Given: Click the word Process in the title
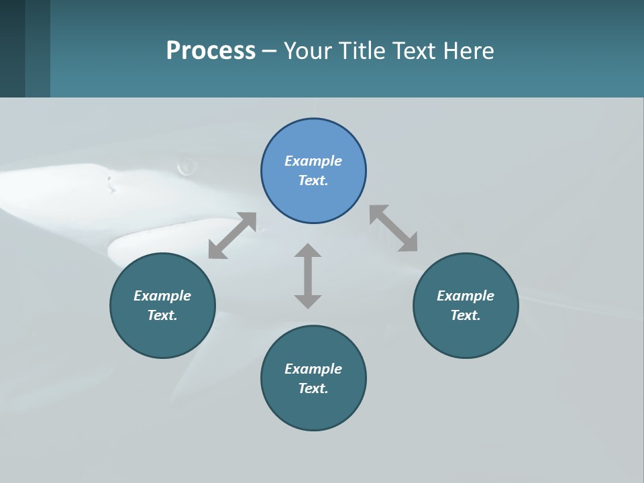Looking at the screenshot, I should (211, 51).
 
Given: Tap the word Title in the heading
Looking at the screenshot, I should (363, 51).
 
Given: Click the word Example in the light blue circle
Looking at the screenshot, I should (313, 161).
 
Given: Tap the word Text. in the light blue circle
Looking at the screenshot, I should (313, 180).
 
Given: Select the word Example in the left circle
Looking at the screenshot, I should (162, 296).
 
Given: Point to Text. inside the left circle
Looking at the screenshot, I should (162, 315).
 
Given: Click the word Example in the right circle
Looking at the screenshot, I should (466, 296).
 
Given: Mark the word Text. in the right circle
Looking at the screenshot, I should (466, 315).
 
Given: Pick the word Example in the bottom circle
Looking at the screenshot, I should (313, 369).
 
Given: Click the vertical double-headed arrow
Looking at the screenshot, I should (308, 276).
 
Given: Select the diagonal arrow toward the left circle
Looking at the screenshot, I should (232, 235).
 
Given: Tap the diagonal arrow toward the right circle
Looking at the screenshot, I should (393, 228).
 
